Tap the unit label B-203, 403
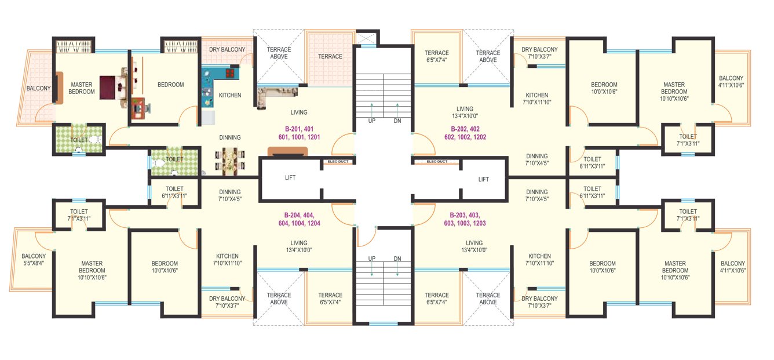pyautogui.click(x=468, y=219)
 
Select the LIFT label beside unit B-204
pyautogui.click(x=290, y=178)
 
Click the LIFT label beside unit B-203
pyautogui.click(x=484, y=179)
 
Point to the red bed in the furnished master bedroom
pyautogui.click(x=109, y=88)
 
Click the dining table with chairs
pyautogui.click(x=230, y=161)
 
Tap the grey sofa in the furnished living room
pyautogui.click(x=276, y=93)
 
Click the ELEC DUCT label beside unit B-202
pyautogui.click(x=437, y=162)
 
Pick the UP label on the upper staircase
pyautogui.click(x=372, y=121)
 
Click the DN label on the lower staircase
pyautogui.click(x=397, y=258)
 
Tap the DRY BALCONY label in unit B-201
pyautogui.click(x=227, y=50)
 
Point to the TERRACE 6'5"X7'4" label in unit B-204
pyautogui.click(x=330, y=299)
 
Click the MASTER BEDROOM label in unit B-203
pyautogui.click(x=675, y=271)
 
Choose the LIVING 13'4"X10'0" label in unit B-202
pyautogui.click(x=465, y=112)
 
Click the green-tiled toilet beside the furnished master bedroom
pyautogui.click(x=79, y=140)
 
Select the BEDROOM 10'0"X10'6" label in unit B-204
pyautogui.click(x=165, y=267)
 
